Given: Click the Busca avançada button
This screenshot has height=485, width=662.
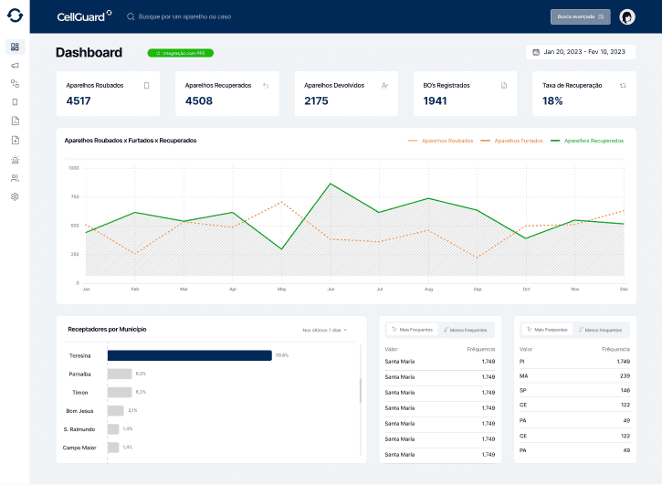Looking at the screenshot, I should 580,16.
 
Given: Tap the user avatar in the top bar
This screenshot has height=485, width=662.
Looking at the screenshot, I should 627,16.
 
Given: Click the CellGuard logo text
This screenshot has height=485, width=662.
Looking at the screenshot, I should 81,16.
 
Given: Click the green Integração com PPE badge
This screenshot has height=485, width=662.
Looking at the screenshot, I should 181,53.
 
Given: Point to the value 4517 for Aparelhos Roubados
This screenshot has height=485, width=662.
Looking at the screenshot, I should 79,100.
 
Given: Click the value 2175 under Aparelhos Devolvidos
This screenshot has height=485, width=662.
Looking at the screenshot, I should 317,100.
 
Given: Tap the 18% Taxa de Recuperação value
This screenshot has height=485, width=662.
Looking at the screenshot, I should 552,100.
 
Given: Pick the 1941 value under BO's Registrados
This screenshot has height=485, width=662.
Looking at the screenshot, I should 436,100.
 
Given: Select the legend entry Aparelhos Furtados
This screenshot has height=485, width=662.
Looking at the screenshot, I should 518,141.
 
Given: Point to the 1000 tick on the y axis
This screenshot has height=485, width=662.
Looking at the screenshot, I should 74,168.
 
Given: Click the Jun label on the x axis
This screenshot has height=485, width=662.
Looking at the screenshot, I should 331,289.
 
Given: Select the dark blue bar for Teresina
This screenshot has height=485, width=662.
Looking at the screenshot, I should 190,355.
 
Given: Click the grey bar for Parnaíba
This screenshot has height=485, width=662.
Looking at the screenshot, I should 120,374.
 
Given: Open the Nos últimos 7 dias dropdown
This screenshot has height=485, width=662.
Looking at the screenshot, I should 325,330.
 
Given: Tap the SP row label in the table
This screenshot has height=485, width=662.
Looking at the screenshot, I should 523,390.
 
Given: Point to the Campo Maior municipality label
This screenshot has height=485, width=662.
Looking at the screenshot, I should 79,448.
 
